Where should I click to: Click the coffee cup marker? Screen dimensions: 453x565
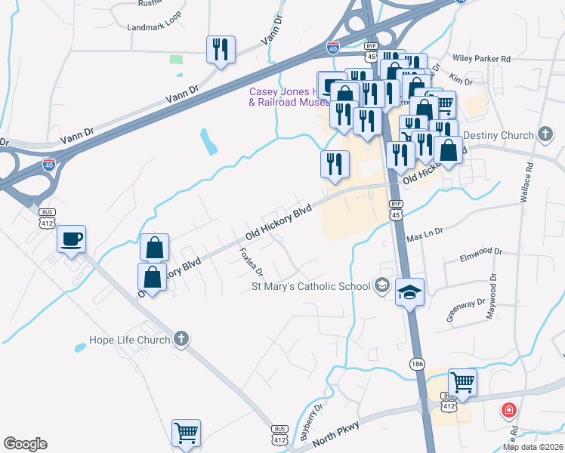(x=72, y=239)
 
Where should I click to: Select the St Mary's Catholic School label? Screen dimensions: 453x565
(x=310, y=286)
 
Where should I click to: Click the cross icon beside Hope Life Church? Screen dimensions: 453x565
(x=181, y=340)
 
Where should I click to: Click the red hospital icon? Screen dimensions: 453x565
(x=510, y=411)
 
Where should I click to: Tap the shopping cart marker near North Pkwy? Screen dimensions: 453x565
(x=462, y=382)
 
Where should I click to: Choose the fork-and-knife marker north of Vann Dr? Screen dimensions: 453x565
(x=221, y=50)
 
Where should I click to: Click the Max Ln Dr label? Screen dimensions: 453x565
(x=425, y=237)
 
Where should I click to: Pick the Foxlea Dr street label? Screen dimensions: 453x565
(x=252, y=261)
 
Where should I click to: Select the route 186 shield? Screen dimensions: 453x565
(x=418, y=364)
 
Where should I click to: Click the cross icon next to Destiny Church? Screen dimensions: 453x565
(x=546, y=135)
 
